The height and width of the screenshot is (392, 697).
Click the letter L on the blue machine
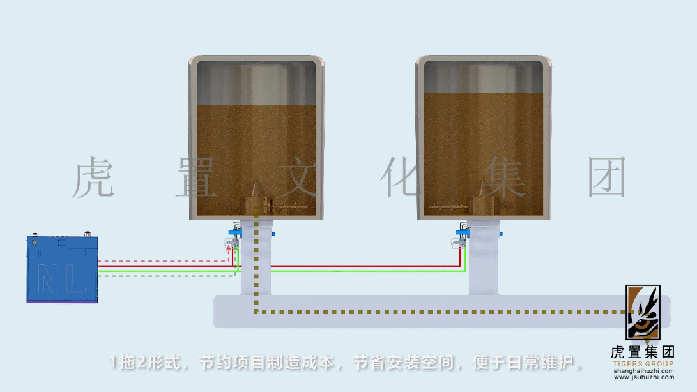pos(75,280)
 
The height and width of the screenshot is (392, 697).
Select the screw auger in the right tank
pos(450,206)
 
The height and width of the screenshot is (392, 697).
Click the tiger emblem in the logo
pos(643,313)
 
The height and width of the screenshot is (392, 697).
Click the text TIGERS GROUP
pos(643,364)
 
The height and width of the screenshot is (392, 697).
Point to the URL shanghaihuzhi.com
pos(643,371)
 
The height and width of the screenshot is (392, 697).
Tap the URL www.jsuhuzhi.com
pos(643,377)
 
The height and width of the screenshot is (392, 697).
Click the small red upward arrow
pos(229,249)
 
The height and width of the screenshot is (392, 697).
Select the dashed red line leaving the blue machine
pos(160,261)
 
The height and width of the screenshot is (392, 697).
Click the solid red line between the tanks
pos(345,266)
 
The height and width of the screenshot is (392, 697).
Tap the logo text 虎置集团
pos(643,352)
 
